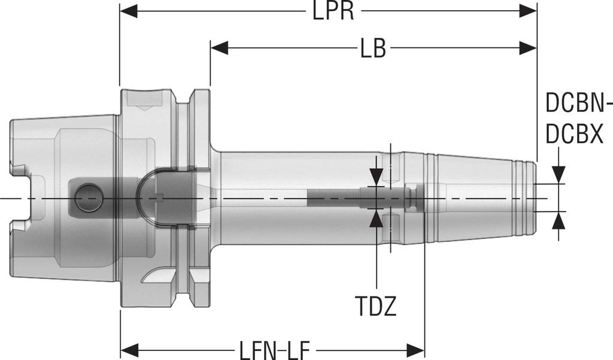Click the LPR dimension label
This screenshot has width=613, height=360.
[x=333, y=11]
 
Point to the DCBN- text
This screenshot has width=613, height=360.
[x=578, y=104]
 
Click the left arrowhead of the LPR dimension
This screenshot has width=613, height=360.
[x=129, y=11]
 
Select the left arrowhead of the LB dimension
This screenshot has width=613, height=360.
[x=219, y=49]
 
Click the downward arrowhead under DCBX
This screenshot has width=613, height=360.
[x=559, y=174]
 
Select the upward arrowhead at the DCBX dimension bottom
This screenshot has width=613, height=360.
[x=559, y=220]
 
